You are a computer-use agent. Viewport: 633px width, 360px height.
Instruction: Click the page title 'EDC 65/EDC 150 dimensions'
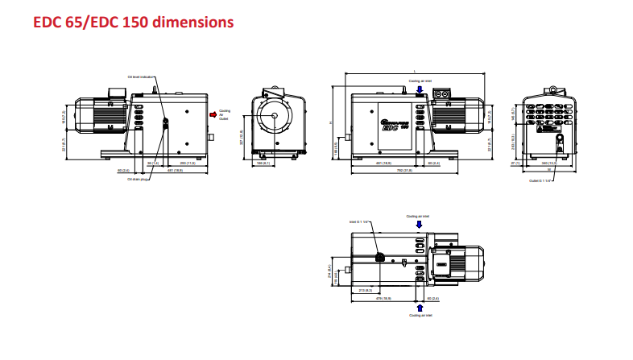coord(134,22)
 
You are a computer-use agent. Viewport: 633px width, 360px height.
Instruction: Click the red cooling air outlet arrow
coord(213,114)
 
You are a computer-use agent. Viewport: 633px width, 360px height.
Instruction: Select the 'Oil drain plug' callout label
coord(139,180)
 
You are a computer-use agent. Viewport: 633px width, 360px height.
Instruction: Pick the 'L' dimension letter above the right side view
coord(414,73)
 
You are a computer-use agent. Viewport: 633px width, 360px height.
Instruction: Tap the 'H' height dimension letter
coord(330,122)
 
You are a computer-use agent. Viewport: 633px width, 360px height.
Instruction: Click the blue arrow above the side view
coord(419,89)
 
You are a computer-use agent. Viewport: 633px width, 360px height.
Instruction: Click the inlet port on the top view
coord(380,259)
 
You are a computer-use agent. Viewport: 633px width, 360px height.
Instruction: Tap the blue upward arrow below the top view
coord(419,307)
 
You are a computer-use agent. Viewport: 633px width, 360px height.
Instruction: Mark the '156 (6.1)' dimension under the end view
coord(261,163)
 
